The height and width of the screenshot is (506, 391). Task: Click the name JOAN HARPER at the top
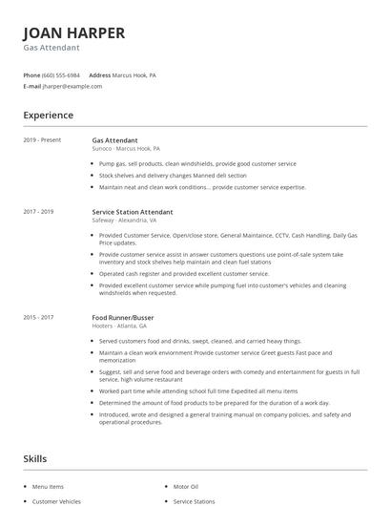pyautogui.click(x=73, y=32)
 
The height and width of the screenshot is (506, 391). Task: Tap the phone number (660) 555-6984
pyautogui.click(x=62, y=74)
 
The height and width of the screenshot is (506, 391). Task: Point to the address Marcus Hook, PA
pyautogui.click(x=134, y=74)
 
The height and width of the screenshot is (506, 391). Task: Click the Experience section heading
pyautogui.click(x=48, y=116)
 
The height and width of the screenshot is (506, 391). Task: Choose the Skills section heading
pyautogui.click(x=34, y=459)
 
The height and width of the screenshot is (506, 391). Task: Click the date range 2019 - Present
pyautogui.click(x=42, y=140)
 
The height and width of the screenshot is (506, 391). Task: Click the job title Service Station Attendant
pyautogui.click(x=132, y=211)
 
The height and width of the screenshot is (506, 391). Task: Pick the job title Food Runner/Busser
pyautogui.click(x=122, y=317)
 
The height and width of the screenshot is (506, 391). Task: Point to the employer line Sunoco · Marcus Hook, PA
pyautogui.click(x=126, y=149)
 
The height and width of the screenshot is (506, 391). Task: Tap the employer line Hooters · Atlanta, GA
pyautogui.click(x=119, y=326)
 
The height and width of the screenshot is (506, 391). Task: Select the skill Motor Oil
pyautogui.click(x=187, y=486)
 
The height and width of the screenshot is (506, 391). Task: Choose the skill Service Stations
pyautogui.click(x=195, y=500)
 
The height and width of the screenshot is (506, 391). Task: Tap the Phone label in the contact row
pyautogui.click(x=31, y=74)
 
